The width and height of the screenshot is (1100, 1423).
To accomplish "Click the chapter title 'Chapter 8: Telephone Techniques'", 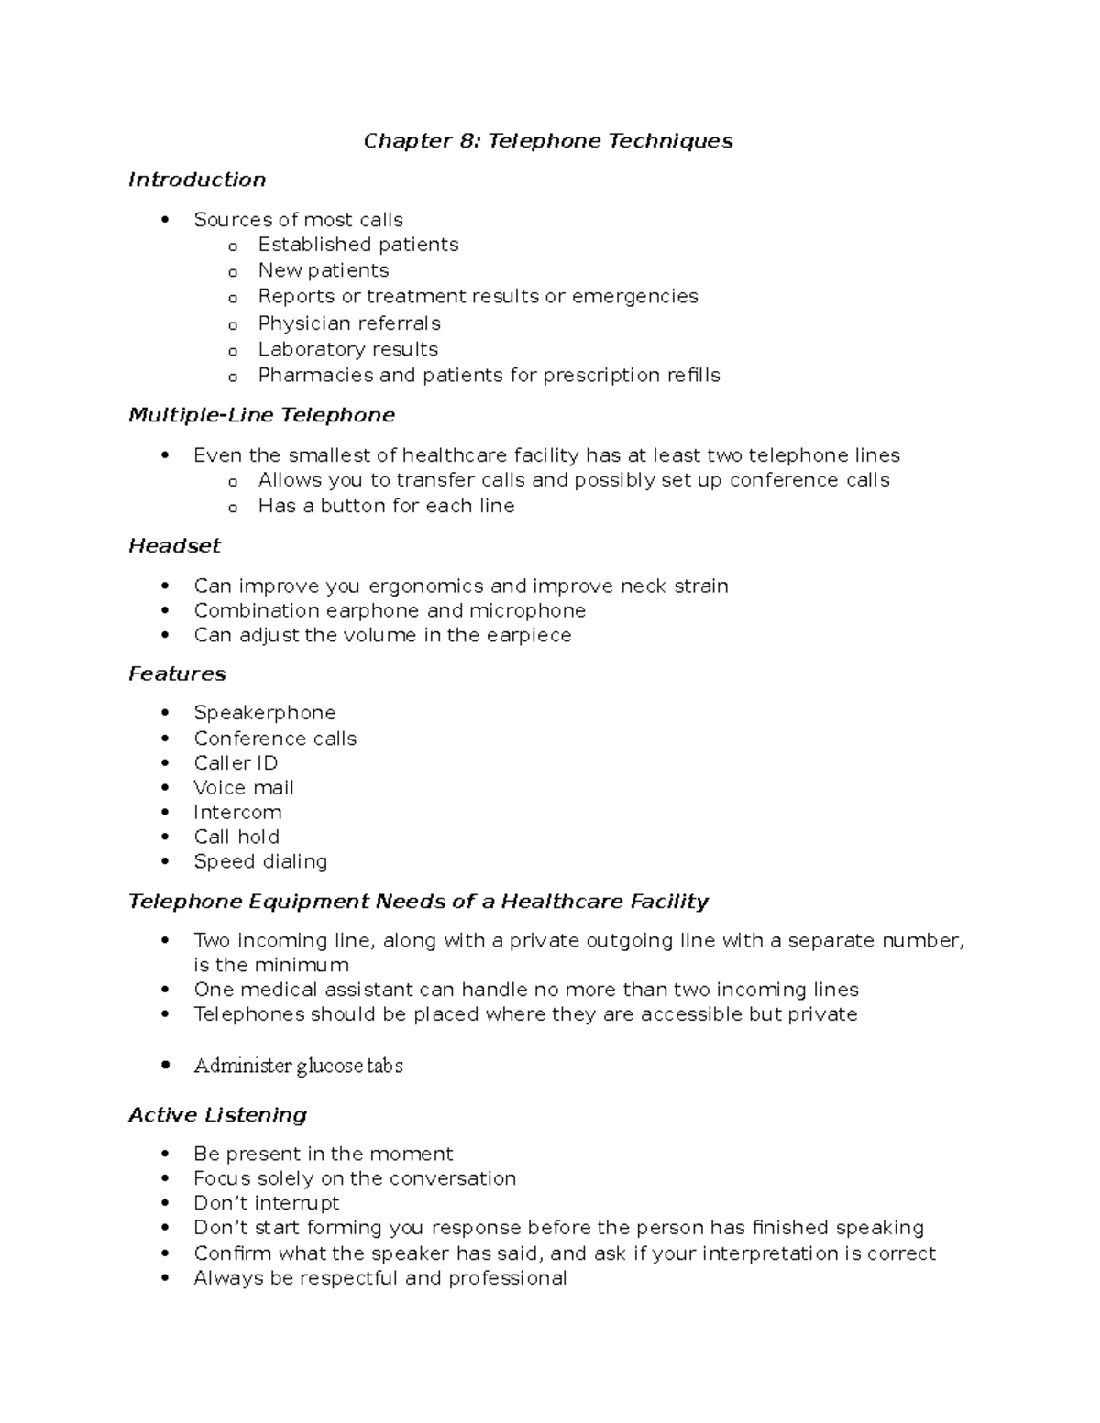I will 548,141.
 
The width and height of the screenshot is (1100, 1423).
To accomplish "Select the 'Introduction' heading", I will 197,180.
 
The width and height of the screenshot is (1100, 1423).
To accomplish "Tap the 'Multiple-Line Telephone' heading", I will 261,415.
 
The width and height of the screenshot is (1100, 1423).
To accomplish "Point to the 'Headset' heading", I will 174,546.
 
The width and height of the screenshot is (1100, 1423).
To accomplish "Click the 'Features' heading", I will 177,674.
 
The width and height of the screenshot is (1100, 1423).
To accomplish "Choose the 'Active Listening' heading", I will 217,1115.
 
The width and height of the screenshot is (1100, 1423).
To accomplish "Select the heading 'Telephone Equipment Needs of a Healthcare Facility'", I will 418,902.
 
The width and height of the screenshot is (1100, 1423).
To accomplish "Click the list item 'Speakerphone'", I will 264,713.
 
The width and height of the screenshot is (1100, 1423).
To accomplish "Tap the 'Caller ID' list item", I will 236,763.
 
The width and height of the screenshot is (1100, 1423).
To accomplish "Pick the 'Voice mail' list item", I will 244,788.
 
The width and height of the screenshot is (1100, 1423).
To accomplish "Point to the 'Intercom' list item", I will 237,813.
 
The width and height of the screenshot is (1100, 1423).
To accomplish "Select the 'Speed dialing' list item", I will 260,862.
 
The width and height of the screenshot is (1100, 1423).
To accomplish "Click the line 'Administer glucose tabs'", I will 298,1066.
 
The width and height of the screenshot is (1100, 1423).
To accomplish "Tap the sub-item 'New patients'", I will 323,270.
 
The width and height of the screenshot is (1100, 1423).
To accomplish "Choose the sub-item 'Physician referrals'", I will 349,323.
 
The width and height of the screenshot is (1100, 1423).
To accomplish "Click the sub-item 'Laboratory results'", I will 347,349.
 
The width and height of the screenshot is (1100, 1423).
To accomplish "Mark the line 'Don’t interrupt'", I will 266,1203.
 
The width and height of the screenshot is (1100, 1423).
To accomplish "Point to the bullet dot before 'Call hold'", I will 165,837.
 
